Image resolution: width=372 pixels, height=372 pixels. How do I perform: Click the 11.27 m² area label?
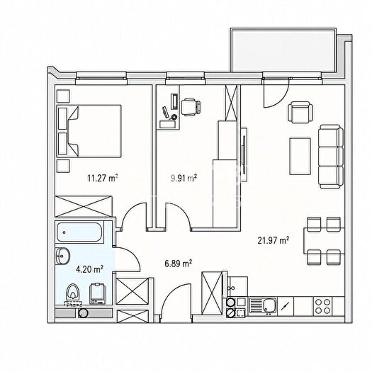point(103,178)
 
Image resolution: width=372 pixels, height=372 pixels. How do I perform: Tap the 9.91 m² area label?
point(184,178)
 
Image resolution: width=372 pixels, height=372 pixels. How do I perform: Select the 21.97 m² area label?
point(274,240)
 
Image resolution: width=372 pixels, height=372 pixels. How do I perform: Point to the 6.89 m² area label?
point(179,263)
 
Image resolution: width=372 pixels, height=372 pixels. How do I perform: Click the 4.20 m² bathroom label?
point(89,269)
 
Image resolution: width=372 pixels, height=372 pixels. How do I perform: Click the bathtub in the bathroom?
point(79,232)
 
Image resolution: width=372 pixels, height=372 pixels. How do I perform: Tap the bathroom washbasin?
point(62,256)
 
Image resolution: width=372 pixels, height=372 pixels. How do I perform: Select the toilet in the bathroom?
point(73,295)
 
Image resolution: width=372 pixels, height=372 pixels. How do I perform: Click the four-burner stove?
point(322,306)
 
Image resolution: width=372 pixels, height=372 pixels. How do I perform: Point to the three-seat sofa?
point(331,157)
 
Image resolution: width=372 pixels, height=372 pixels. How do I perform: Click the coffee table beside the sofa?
point(300,157)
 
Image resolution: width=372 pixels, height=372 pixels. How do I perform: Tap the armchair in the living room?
point(300,112)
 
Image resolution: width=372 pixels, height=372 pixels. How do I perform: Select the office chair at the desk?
point(191,107)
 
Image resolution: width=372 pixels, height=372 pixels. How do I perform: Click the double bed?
point(89,131)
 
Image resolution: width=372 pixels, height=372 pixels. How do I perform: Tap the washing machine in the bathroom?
point(97,293)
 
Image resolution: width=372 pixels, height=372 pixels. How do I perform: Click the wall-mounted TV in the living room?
point(244,154)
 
